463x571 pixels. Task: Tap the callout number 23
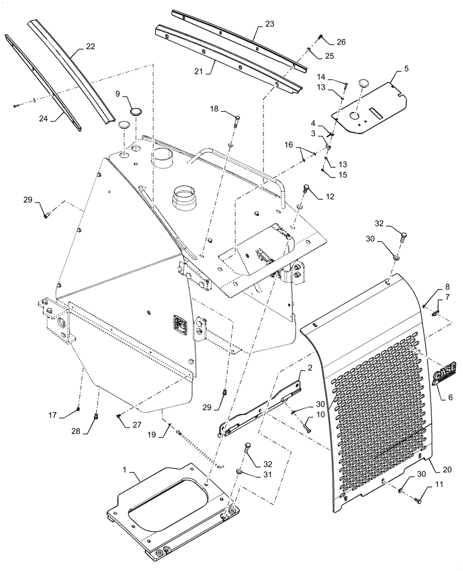pyautogui.click(x=270, y=24)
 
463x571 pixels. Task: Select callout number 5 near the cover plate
pyautogui.click(x=407, y=69)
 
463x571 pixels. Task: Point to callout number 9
pyautogui.click(x=118, y=93)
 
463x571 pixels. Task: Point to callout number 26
pyautogui.click(x=341, y=42)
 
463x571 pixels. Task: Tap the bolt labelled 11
pyautogui.click(x=417, y=500)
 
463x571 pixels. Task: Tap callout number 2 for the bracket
pyautogui.click(x=308, y=369)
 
